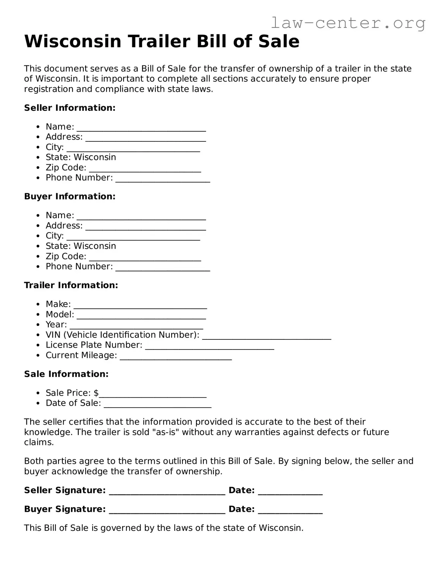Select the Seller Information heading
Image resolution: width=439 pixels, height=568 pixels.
(x=70, y=108)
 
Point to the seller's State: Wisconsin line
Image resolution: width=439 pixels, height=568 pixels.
(x=81, y=157)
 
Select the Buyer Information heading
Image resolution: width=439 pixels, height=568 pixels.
(x=70, y=196)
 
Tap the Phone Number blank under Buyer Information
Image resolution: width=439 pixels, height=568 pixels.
(x=163, y=267)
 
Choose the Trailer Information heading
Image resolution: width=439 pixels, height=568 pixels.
(x=71, y=285)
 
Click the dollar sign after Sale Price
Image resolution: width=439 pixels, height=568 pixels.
(x=96, y=393)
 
